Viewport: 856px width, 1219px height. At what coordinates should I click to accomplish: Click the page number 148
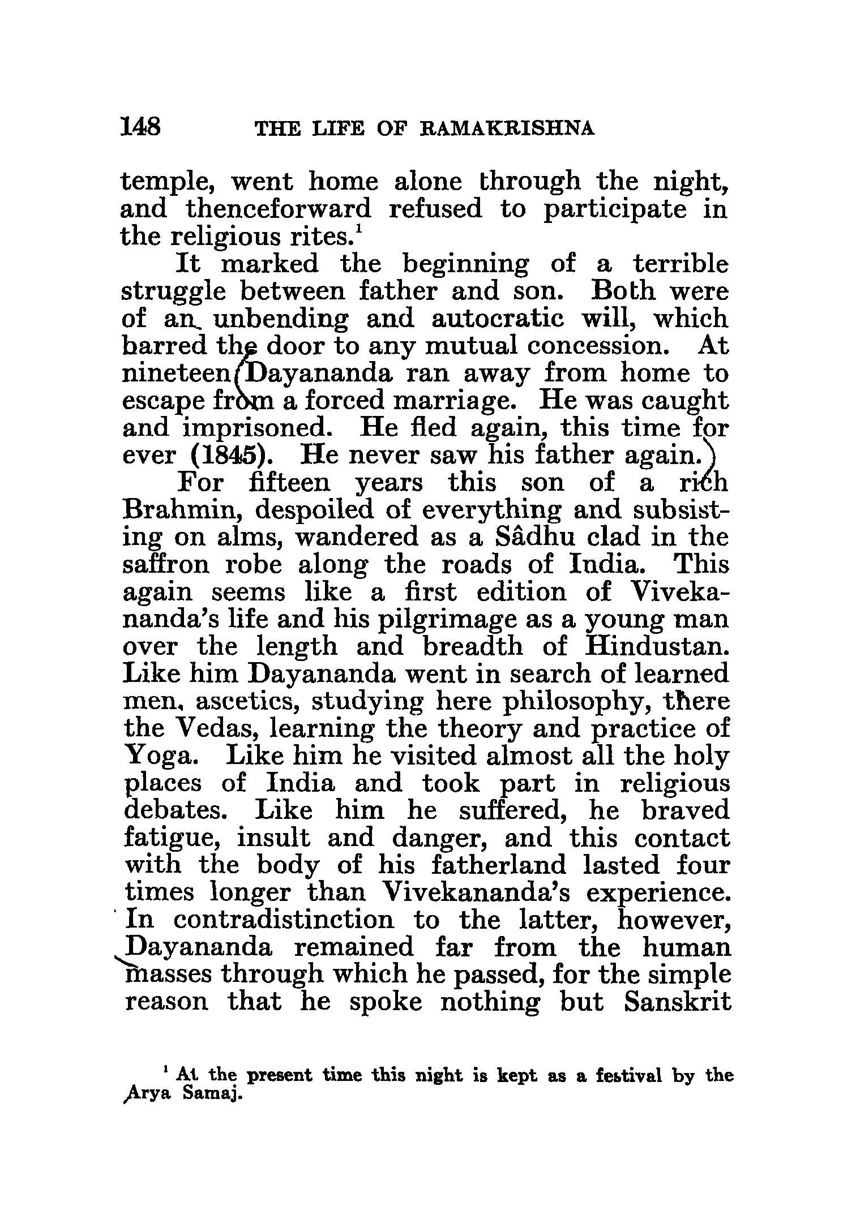(x=141, y=127)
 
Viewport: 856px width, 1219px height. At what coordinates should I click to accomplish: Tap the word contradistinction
(x=284, y=919)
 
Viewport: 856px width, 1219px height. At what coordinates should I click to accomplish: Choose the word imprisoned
(x=258, y=428)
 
